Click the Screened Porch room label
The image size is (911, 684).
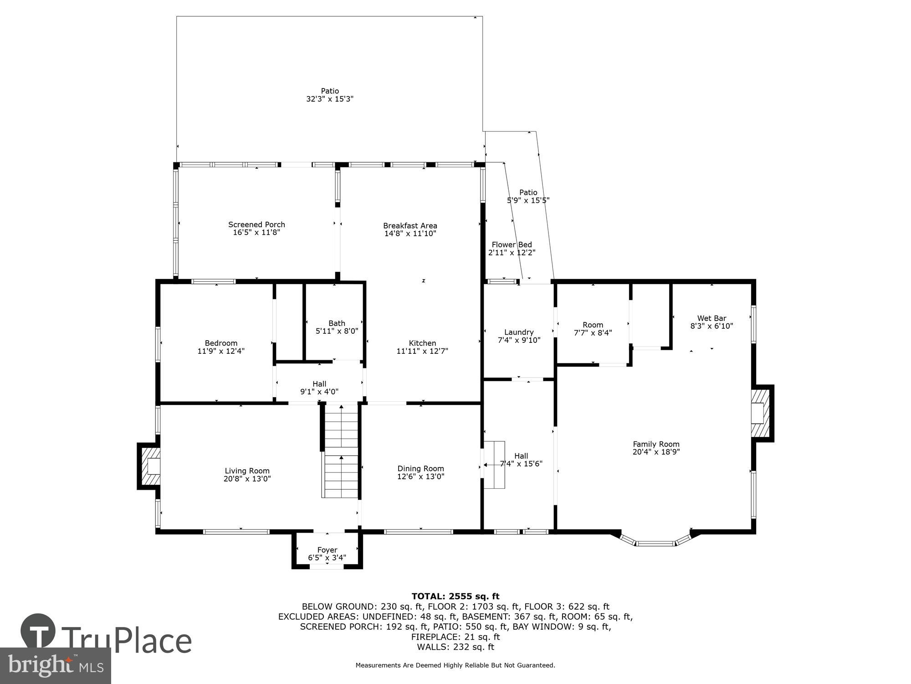pyautogui.click(x=256, y=224)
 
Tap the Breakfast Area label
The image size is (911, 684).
pyautogui.click(x=410, y=226)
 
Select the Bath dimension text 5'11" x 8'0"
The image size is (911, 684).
pyautogui.click(x=337, y=331)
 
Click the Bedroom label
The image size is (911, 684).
pyautogui.click(x=221, y=343)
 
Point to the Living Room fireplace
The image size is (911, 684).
pyautogui.click(x=149, y=466)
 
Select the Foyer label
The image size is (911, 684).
pyautogui.click(x=327, y=550)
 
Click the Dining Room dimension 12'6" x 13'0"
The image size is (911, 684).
pyautogui.click(x=420, y=477)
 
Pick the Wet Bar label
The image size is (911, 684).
pyautogui.click(x=711, y=318)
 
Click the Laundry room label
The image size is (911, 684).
pyautogui.click(x=519, y=332)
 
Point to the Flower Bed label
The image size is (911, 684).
pyautogui.click(x=512, y=244)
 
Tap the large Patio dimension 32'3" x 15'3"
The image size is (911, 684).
pyautogui.click(x=330, y=99)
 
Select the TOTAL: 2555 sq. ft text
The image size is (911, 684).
pyautogui.click(x=455, y=596)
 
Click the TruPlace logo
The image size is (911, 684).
pyautogui.click(x=106, y=640)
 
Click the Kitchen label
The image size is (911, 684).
pyautogui.click(x=422, y=343)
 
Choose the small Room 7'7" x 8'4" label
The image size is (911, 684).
pyautogui.click(x=593, y=325)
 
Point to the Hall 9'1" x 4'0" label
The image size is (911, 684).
pyautogui.click(x=319, y=384)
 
